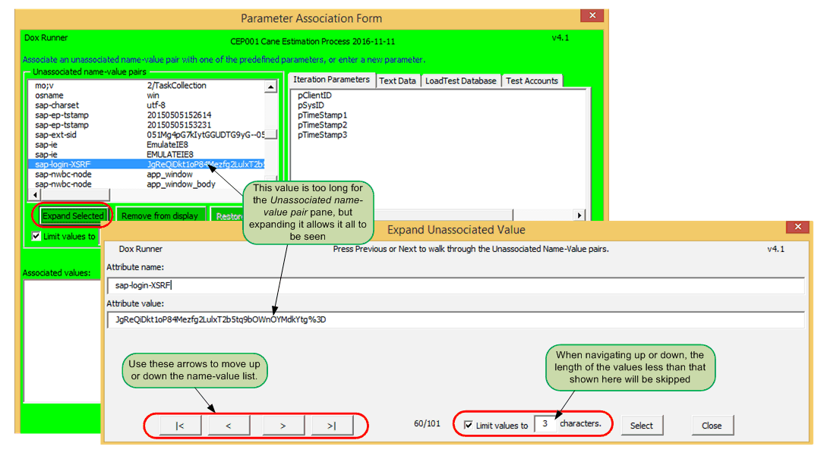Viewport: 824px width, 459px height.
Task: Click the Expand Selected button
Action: tap(73, 216)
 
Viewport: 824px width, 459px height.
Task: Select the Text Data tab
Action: tap(397, 81)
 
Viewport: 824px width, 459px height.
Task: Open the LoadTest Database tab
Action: tap(460, 81)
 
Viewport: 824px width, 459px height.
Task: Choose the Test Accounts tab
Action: tap(531, 81)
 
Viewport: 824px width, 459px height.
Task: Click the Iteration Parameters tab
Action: tap(331, 80)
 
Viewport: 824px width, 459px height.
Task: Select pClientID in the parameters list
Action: tap(314, 96)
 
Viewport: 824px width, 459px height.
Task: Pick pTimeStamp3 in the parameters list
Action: tap(322, 135)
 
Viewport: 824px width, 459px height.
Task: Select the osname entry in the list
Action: tap(49, 96)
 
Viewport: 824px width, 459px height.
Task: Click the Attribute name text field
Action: tap(456, 286)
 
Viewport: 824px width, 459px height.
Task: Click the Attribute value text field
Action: tap(456, 320)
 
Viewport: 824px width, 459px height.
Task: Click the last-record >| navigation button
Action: tap(331, 426)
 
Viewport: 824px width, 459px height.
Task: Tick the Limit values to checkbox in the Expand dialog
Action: tap(469, 426)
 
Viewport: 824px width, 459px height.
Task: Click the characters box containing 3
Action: tap(545, 425)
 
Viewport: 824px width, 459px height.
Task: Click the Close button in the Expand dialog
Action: tap(712, 426)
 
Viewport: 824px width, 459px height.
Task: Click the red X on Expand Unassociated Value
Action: tap(797, 228)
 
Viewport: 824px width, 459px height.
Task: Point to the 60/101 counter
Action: tap(428, 424)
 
